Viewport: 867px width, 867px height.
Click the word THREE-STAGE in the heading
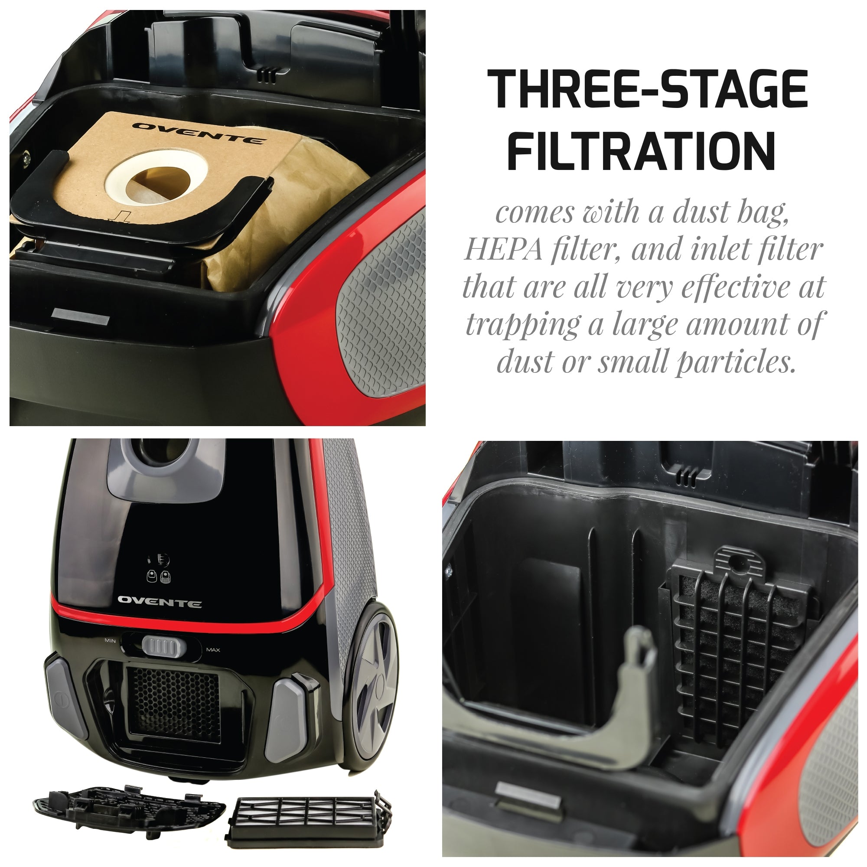coord(647,89)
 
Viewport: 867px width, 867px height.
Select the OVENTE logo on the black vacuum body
coord(159,602)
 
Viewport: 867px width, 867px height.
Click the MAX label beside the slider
coord(213,650)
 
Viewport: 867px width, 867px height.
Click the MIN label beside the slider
coord(111,641)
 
